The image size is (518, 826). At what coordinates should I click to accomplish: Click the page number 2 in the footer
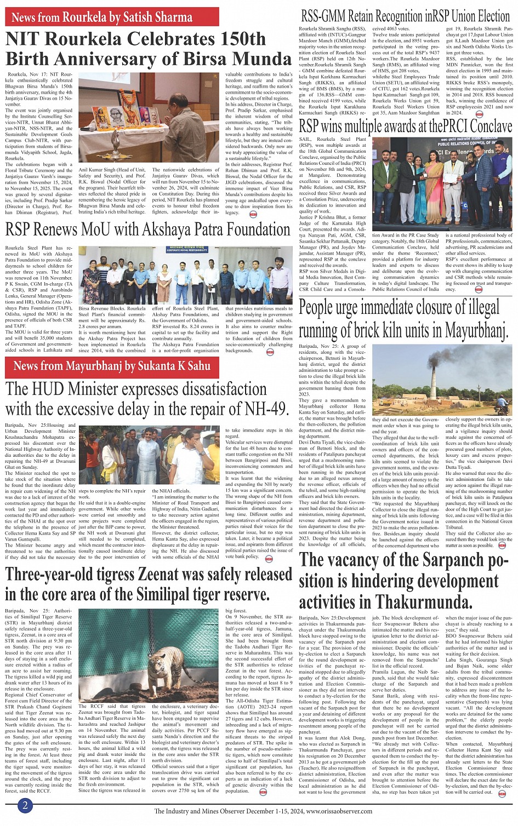pos(25,805)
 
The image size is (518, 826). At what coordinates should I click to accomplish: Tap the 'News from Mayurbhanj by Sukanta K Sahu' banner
pos(112,366)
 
